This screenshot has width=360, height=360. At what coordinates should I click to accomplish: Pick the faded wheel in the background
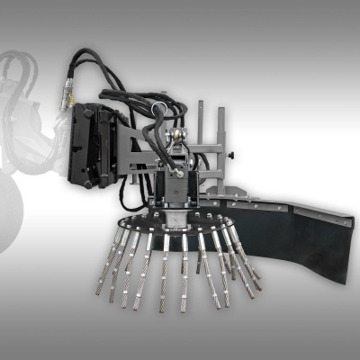click(x=18, y=216)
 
